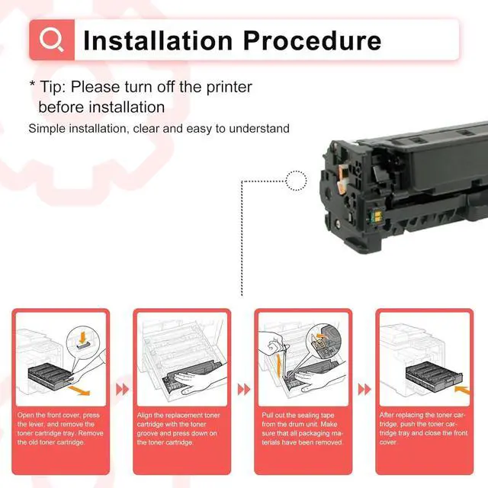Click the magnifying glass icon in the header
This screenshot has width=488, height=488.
52,40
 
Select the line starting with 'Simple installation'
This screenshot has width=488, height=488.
159,128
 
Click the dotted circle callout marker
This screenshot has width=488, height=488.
296,181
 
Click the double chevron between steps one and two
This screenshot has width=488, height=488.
122,390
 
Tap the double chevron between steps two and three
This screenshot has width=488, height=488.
243,390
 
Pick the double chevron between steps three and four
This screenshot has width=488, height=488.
364,390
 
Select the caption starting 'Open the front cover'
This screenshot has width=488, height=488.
61,429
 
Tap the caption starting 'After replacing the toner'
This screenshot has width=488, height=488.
424,429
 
